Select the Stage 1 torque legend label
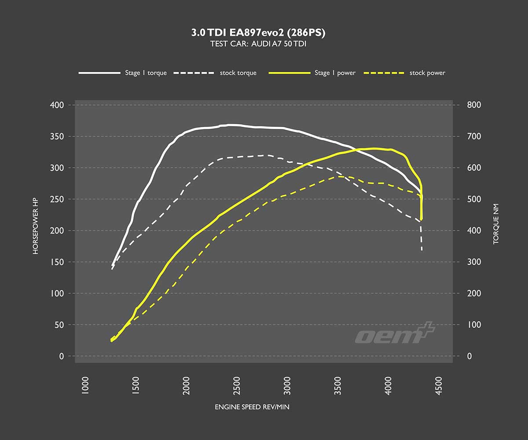pyautogui.click(x=146, y=73)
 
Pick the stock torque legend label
pyautogui.click(x=238, y=73)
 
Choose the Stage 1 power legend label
pyautogui.click(x=335, y=73)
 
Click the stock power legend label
pyautogui.click(x=427, y=73)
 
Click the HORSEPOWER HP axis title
pyautogui.click(x=36, y=230)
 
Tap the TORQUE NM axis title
pyautogui.click(x=496, y=230)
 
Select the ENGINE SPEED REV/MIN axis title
pyautogui.click(x=252, y=407)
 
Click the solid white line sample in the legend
pyautogui.click(x=99, y=73)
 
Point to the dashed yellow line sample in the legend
pyautogui.click(x=384, y=73)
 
